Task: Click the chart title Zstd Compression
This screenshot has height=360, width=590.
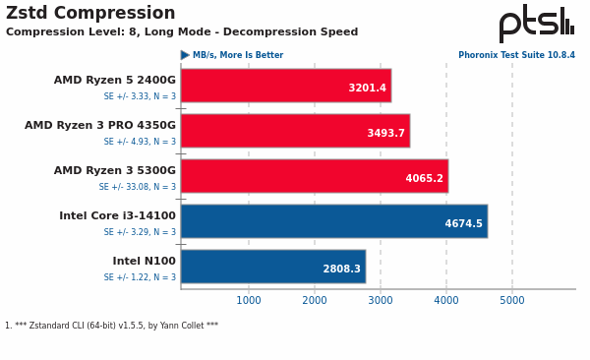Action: pyautogui.click(x=90, y=14)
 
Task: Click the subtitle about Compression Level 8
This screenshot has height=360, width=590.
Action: pyautogui.click(x=182, y=32)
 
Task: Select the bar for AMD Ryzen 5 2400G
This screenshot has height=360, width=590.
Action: pyautogui.click(x=285, y=86)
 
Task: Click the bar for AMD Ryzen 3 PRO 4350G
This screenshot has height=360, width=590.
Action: pyautogui.click(x=295, y=131)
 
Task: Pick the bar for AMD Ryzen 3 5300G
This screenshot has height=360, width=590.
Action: pyautogui.click(x=314, y=176)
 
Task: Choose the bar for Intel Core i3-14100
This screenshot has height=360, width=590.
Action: pyautogui.click(x=333, y=221)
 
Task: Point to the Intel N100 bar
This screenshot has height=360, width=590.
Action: pyautogui.click(x=272, y=267)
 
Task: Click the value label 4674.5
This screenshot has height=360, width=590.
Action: pyautogui.click(x=463, y=224)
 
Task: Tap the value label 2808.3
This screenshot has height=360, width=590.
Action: pyautogui.click(x=341, y=270)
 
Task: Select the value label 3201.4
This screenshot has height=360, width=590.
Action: pyautogui.click(x=367, y=89)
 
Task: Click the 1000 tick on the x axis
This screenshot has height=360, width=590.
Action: pyautogui.click(x=249, y=301)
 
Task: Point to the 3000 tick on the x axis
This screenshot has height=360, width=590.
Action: pyautogui.click(x=381, y=301)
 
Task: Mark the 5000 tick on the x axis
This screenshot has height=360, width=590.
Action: pyautogui.click(x=512, y=301)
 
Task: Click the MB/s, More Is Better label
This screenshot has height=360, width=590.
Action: pyautogui.click(x=237, y=56)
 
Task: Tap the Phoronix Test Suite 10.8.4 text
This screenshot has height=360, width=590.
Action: pyautogui.click(x=516, y=56)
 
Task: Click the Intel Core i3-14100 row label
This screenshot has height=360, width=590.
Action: pyautogui.click(x=117, y=216)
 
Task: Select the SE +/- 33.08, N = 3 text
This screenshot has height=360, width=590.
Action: pyautogui.click(x=137, y=187)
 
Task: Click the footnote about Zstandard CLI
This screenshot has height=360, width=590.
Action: pyautogui.click(x=111, y=326)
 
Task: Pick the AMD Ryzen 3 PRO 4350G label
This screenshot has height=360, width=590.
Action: pyautogui.click(x=100, y=126)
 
